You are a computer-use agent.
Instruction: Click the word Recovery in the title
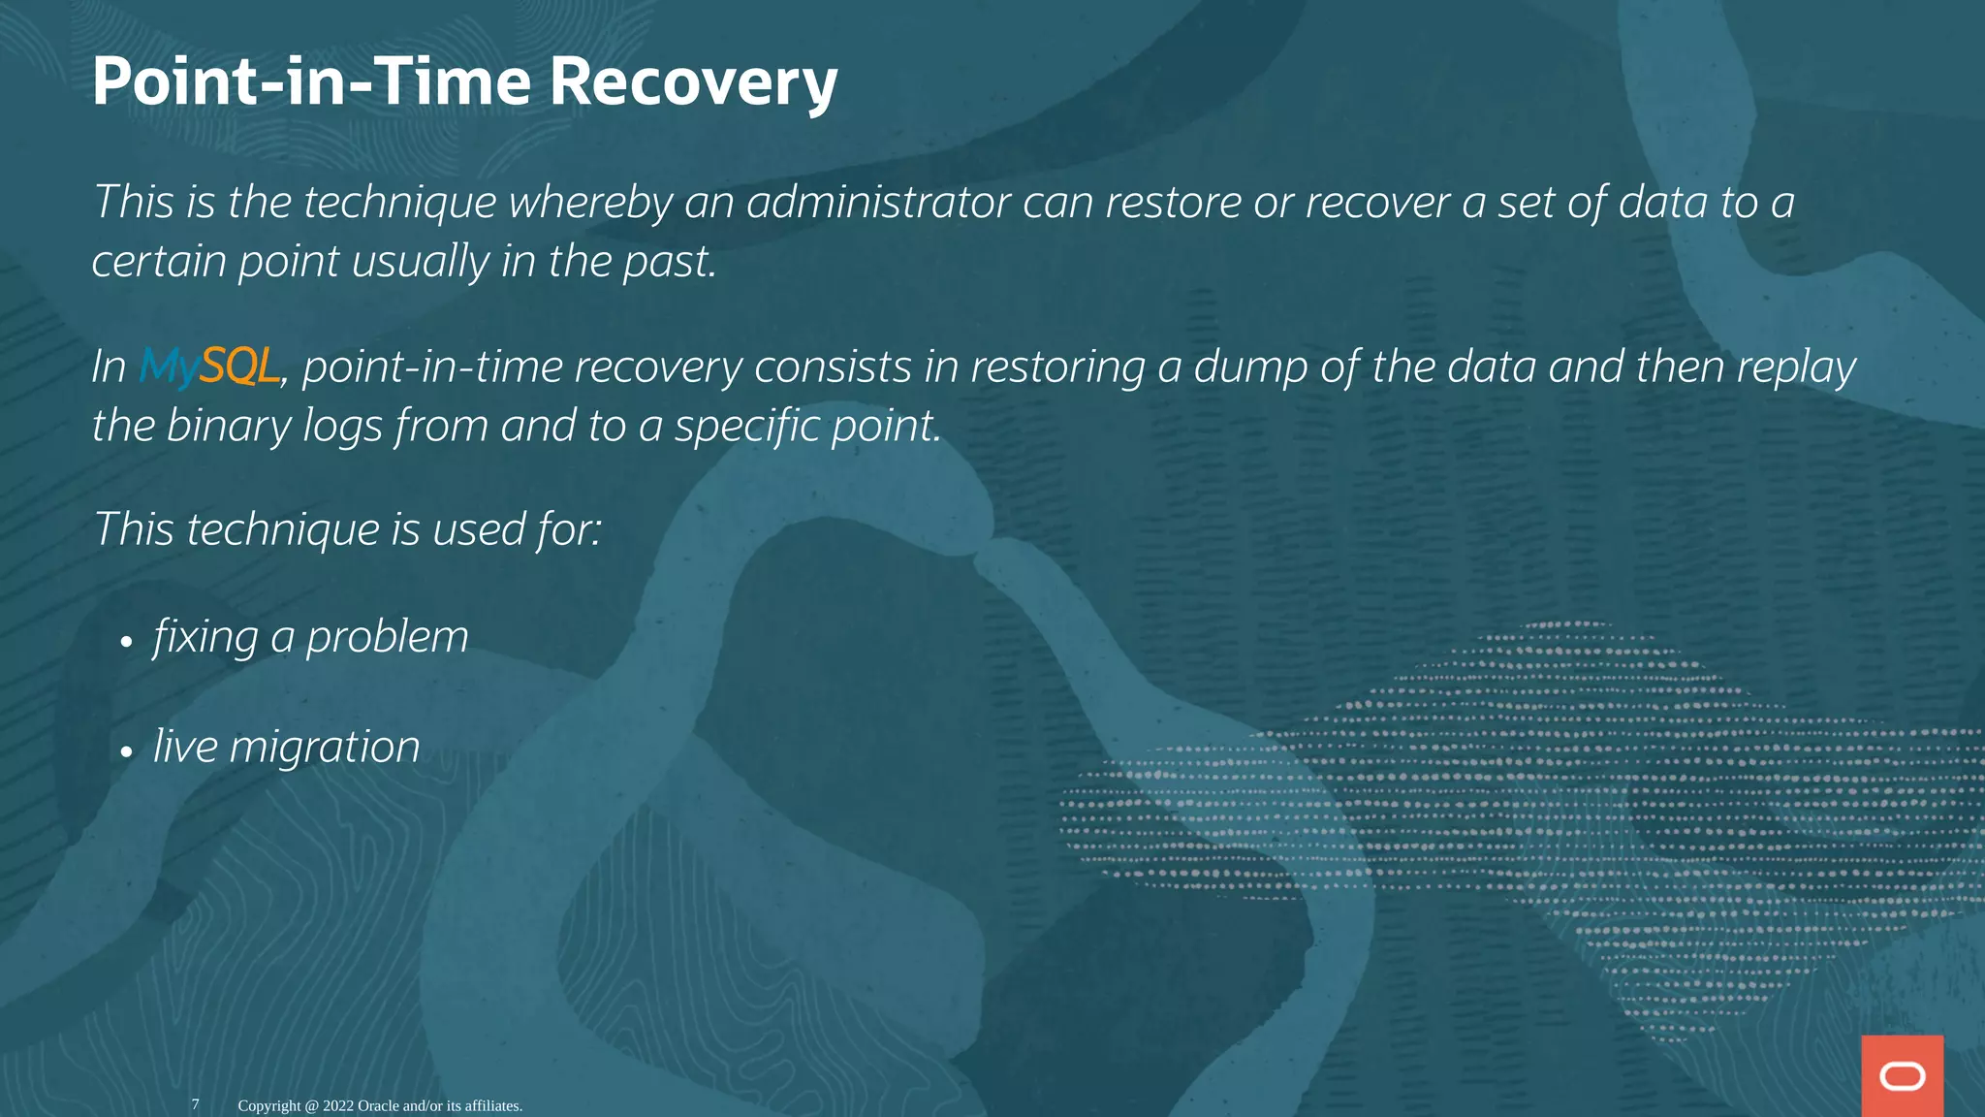[693, 82]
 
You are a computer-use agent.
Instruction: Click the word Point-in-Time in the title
[310, 82]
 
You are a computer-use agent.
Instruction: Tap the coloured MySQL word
[209, 367]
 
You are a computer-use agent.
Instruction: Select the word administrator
[878, 203]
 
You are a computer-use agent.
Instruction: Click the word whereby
[590, 203]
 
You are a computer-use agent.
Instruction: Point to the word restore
[1174, 203]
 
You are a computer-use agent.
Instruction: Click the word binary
[229, 427]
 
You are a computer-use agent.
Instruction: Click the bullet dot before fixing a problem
[126, 642]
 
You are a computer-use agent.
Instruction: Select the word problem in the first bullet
[387, 638]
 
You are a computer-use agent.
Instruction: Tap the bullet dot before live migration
[126, 751]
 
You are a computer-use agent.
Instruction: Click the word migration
[325, 748]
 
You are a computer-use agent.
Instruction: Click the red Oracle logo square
[1902, 1075]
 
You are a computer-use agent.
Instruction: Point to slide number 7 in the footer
[195, 1104]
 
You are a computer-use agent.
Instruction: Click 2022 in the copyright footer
[338, 1106]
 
